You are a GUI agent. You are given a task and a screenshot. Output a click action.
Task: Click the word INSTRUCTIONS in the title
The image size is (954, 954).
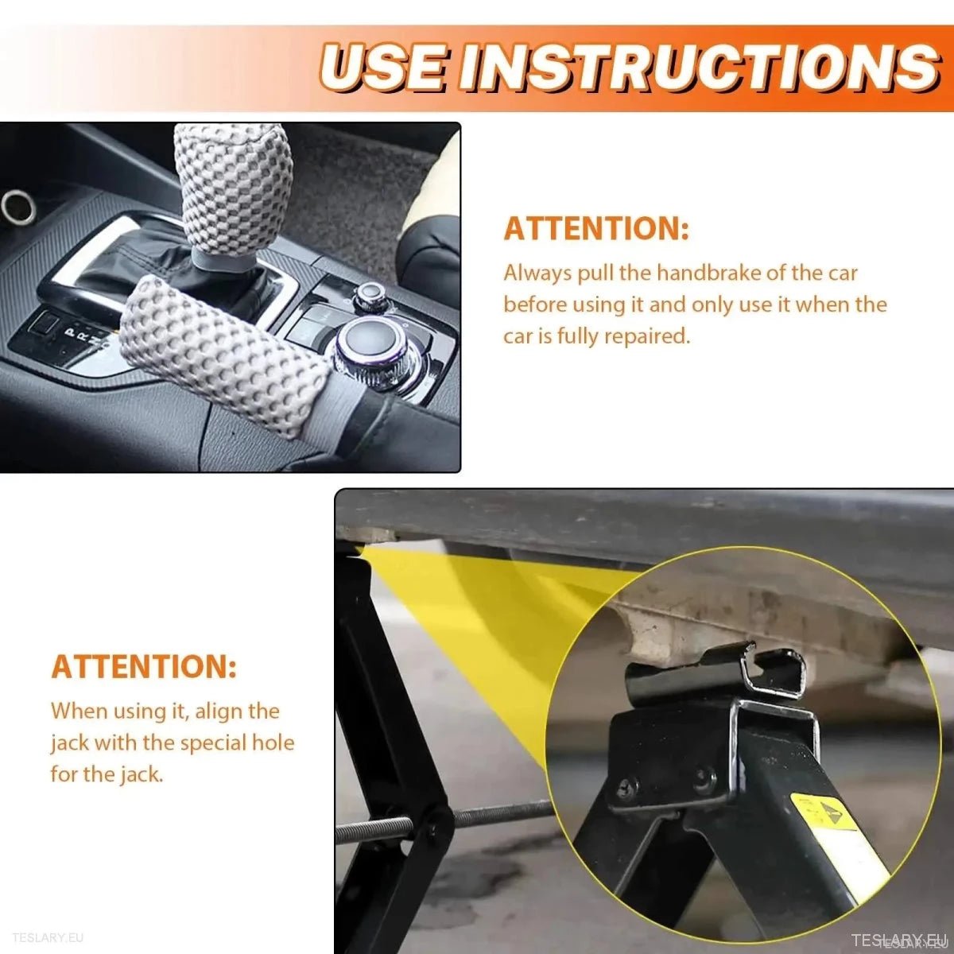(x=700, y=67)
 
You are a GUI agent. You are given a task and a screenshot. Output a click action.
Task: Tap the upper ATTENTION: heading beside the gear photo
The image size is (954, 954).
(x=596, y=229)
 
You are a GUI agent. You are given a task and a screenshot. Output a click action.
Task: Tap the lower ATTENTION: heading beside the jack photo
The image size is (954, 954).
(x=144, y=667)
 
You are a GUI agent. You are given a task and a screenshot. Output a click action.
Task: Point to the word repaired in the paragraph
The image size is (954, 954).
(x=646, y=336)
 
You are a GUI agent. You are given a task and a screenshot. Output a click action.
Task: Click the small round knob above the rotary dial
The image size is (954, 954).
(x=370, y=297)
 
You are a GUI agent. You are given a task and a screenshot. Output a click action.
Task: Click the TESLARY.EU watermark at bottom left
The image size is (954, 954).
(x=48, y=938)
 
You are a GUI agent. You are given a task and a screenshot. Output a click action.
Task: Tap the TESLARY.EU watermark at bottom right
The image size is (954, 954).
(x=898, y=940)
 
